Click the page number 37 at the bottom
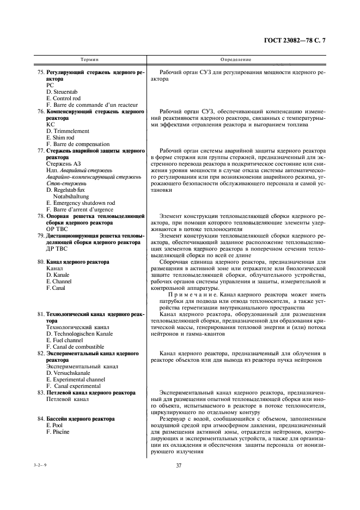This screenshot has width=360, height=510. pos(178,465)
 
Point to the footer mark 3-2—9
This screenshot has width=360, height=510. pos(39,465)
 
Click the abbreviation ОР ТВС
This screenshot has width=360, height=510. pos(59,229)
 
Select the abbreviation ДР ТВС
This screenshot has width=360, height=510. pos(59,249)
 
